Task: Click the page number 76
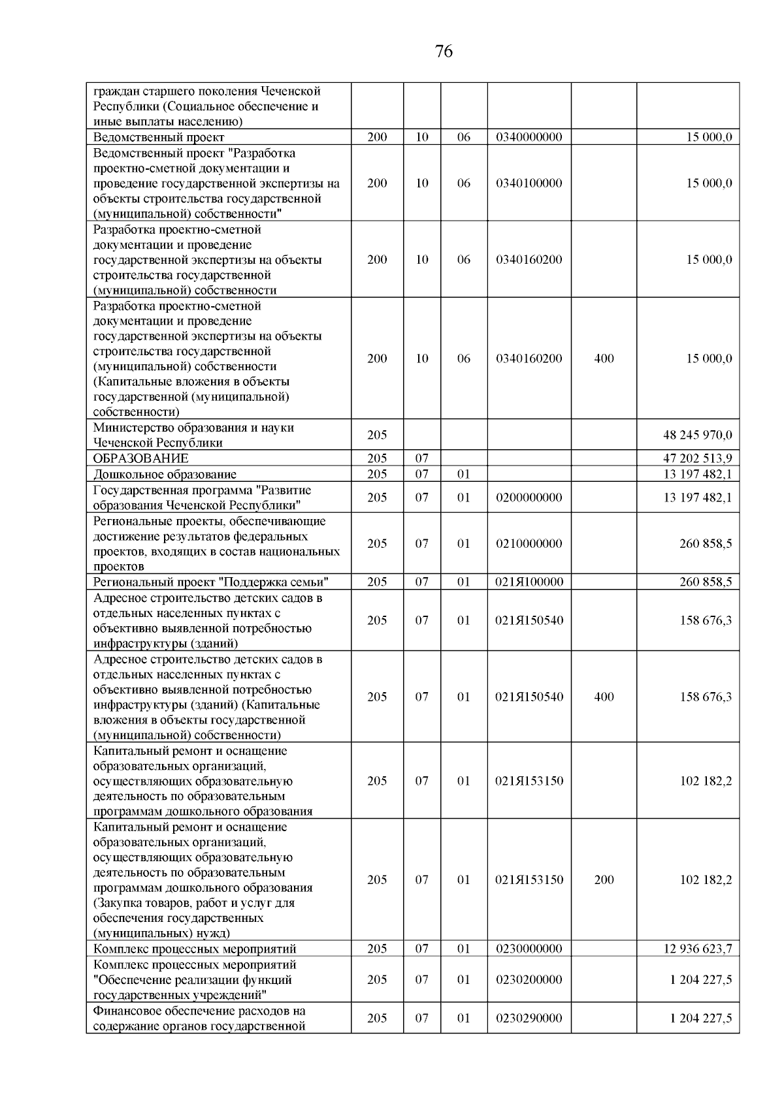pyautogui.click(x=443, y=52)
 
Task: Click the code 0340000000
pyautogui.click(x=529, y=137)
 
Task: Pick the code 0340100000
pyautogui.click(x=529, y=183)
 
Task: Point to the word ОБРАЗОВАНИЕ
pyautogui.click(x=140, y=458)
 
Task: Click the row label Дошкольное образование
pyautogui.click(x=165, y=474)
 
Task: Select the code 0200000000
pyautogui.click(x=529, y=498)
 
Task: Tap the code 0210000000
pyautogui.click(x=529, y=544)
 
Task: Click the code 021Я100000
pyautogui.click(x=529, y=582)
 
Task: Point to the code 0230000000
pyautogui.click(x=529, y=949)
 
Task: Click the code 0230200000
pyautogui.click(x=529, y=979)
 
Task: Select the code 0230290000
pyautogui.click(x=529, y=1018)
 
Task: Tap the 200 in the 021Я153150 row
pyautogui.click(x=604, y=879)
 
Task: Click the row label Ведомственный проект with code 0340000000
pyautogui.click(x=159, y=137)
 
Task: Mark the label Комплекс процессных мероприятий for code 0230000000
pyautogui.click(x=195, y=949)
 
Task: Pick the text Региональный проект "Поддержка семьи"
pyautogui.click(x=210, y=582)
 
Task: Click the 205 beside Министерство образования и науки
pyautogui.click(x=377, y=435)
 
